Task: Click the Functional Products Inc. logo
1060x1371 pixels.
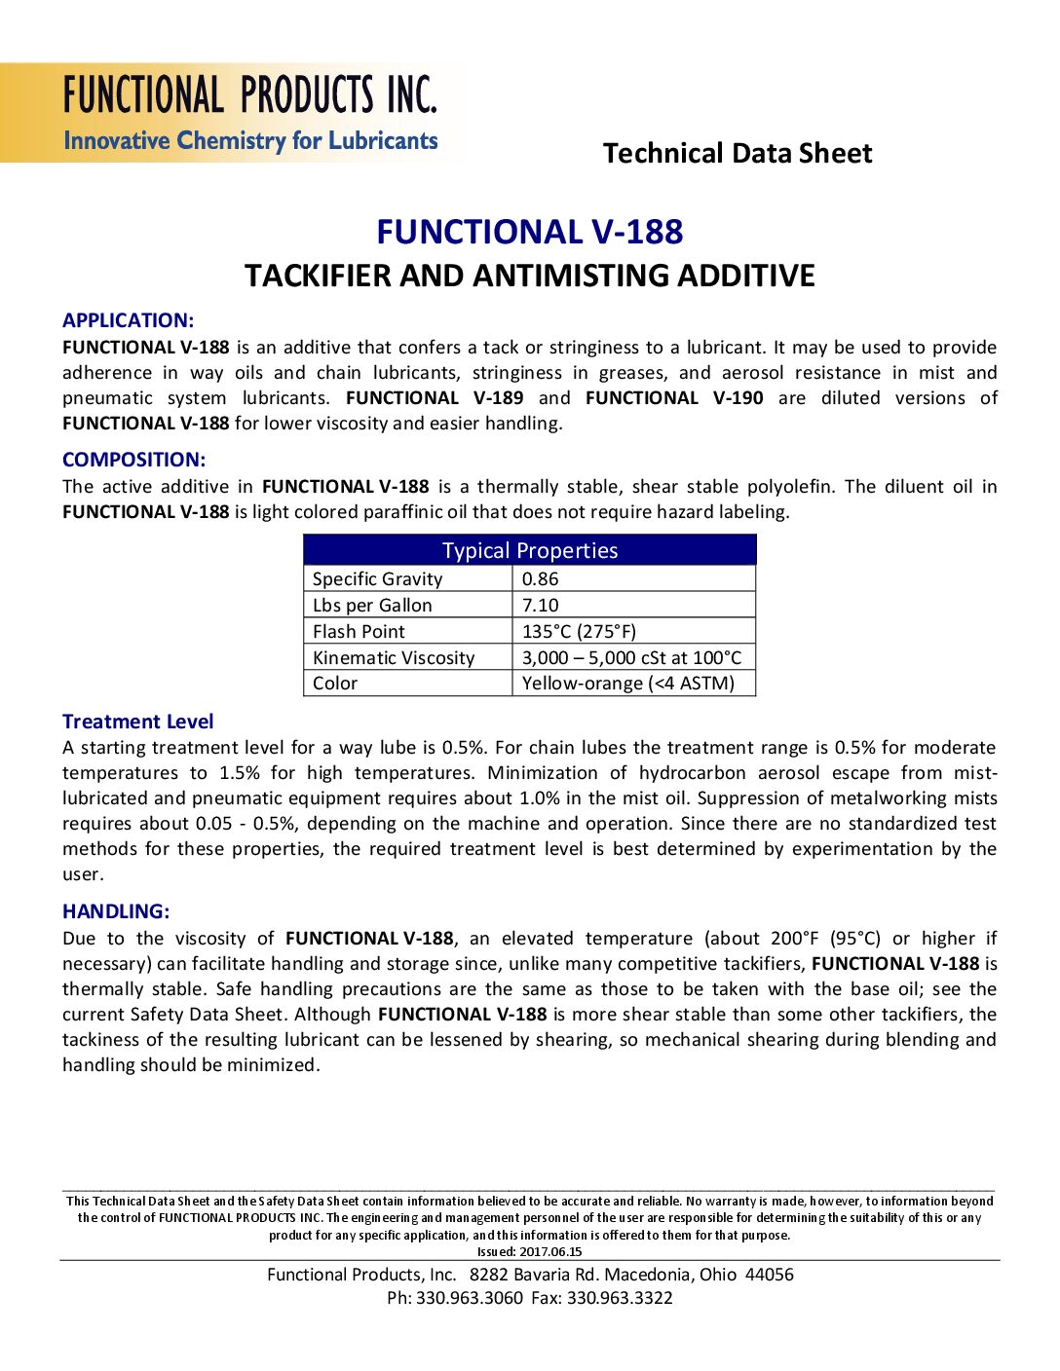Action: (x=249, y=113)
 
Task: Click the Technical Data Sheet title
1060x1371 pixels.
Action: (x=738, y=153)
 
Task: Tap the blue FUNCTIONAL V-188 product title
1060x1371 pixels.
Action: (x=530, y=232)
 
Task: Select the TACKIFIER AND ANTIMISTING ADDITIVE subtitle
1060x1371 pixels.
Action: (x=530, y=276)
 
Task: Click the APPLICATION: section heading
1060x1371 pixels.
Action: (x=128, y=320)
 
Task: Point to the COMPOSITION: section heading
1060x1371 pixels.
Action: (x=133, y=460)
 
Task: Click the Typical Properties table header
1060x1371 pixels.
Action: (x=530, y=550)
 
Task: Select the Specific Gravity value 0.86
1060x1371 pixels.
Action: (x=541, y=578)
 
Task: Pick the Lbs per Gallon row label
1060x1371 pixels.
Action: (x=372, y=605)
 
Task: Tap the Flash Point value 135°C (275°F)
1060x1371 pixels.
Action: (x=579, y=631)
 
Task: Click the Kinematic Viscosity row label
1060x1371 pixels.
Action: (x=394, y=657)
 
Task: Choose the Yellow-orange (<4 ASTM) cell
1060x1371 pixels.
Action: (x=628, y=683)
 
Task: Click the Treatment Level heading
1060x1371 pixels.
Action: (x=137, y=722)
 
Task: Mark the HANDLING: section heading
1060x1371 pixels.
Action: (x=116, y=911)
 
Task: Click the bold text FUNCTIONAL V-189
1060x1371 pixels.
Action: (x=435, y=398)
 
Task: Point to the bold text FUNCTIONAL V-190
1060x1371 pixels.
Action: (x=674, y=398)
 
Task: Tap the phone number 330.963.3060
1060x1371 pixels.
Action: (x=469, y=1298)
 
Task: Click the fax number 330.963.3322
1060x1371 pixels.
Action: (x=620, y=1298)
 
